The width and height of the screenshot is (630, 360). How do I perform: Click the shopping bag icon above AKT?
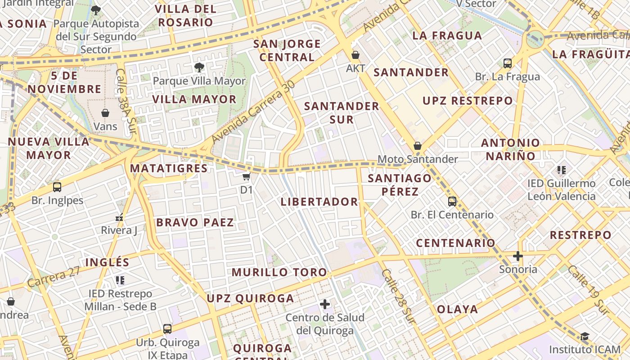pyautogui.click(x=355, y=55)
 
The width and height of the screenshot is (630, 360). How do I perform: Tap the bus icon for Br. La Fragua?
pyautogui.click(x=508, y=63)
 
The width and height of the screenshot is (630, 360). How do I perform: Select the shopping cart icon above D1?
pyautogui.click(x=246, y=177)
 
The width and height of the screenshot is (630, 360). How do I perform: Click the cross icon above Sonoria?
pyautogui.click(x=518, y=256)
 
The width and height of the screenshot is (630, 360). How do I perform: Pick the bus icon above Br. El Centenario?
pyautogui.click(x=452, y=201)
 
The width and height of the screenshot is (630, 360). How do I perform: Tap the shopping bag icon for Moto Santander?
pyautogui.click(x=418, y=146)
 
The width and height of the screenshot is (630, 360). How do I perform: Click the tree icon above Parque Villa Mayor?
pyautogui.click(x=199, y=67)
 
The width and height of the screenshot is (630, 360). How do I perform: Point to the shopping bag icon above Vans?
pyautogui.click(x=105, y=112)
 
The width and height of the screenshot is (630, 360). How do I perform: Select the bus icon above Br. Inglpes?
pyautogui.click(x=57, y=187)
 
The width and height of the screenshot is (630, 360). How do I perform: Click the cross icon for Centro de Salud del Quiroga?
pyautogui.click(x=325, y=304)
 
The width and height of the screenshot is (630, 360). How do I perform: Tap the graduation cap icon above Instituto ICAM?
pyautogui.click(x=585, y=336)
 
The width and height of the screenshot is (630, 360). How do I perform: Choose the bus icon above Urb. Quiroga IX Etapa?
pyautogui.click(x=167, y=329)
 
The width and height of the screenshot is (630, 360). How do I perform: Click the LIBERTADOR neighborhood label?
pyautogui.click(x=319, y=202)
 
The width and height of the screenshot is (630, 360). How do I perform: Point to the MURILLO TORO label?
pyautogui.click(x=279, y=272)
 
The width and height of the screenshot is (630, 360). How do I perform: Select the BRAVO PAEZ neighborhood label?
pyautogui.click(x=195, y=222)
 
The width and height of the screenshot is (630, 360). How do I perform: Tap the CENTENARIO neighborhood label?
pyautogui.click(x=455, y=243)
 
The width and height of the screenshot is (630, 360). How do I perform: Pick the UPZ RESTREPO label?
pyautogui.click(x=468, y=101)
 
